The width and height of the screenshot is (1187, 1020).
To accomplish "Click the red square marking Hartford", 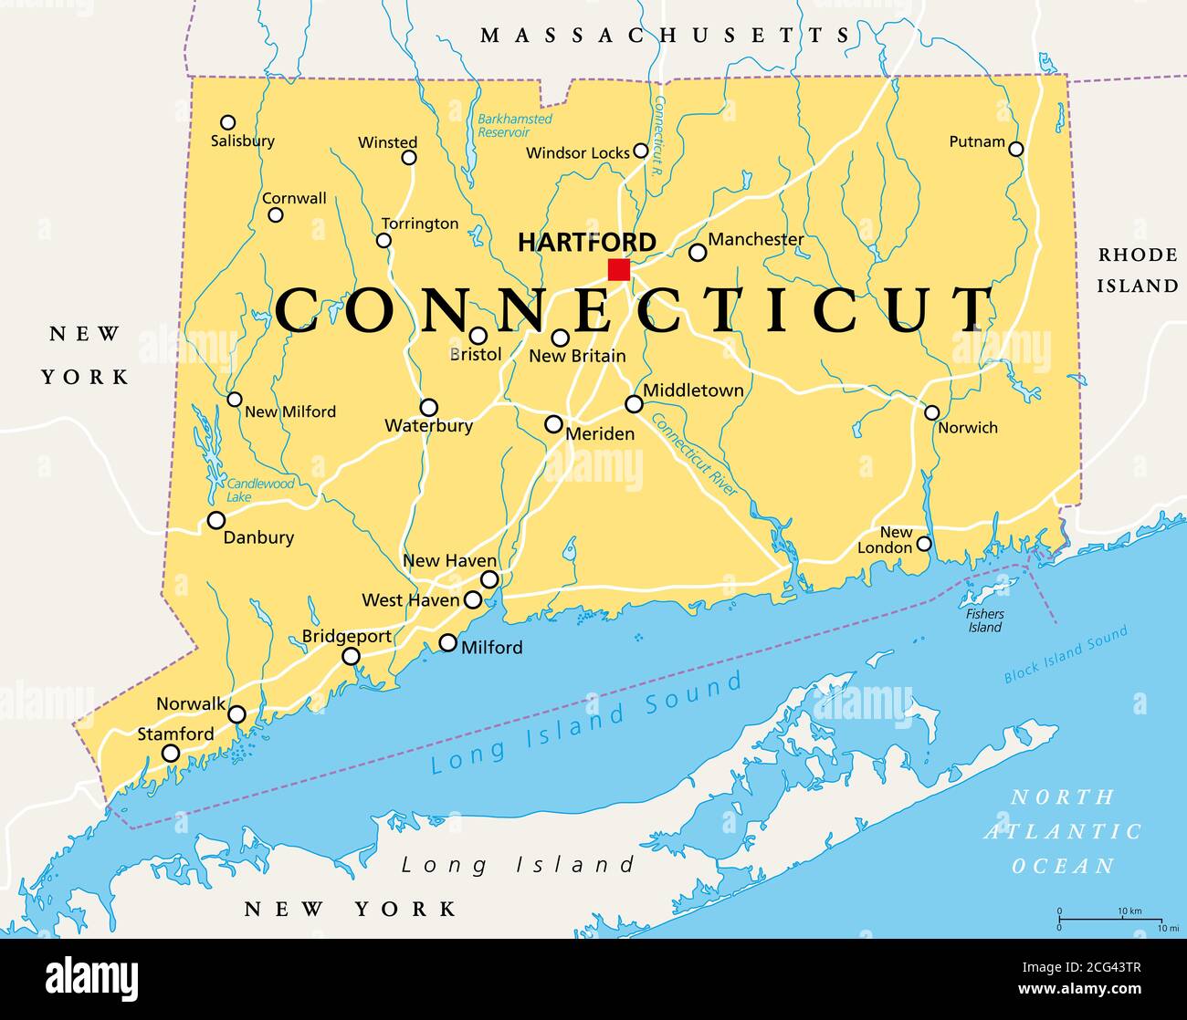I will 619,269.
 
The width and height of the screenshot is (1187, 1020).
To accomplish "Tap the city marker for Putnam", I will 1015,149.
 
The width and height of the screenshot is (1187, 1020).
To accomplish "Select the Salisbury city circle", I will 228,122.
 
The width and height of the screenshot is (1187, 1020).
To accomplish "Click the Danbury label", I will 258,537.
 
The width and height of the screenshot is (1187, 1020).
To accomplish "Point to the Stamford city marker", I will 171,753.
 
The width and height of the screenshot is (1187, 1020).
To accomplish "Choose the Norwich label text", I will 968,427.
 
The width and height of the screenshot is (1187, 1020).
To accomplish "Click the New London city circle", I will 924,544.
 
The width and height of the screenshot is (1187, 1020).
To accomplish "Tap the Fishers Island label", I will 984,620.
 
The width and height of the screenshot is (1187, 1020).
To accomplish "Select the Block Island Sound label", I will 1066,654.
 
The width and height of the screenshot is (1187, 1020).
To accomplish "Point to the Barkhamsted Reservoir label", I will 515,125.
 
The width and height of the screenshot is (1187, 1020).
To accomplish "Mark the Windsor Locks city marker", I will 641,151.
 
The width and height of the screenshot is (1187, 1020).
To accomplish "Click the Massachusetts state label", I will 666,36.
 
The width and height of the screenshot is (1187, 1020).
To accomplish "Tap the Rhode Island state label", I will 1137,270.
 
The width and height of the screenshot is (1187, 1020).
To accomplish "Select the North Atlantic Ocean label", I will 1063,831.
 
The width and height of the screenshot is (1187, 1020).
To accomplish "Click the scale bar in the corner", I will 1110,919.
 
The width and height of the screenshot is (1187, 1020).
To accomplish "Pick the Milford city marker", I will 447,642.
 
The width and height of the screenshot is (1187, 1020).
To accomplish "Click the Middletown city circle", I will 634,403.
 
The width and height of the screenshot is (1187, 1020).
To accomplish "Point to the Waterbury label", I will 428,425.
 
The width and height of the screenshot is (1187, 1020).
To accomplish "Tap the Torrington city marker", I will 384,241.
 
